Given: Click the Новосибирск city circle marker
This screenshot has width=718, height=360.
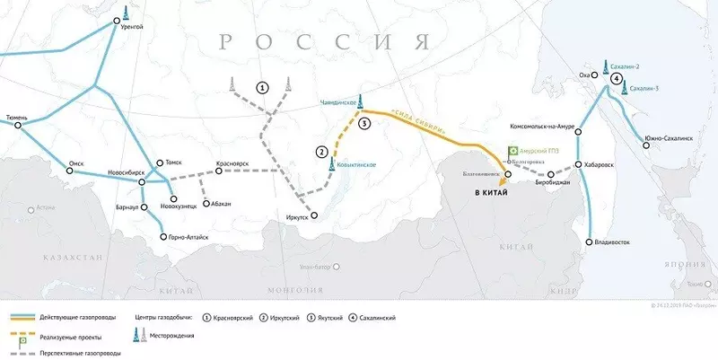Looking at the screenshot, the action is pyautogui.click(x=142, y=182).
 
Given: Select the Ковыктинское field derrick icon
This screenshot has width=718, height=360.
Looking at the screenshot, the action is pyautogui.click(x=333, y=163).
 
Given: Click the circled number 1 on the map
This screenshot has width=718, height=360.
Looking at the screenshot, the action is pyautogui.click(x=262, y=87).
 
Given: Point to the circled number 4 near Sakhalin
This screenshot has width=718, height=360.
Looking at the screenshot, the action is pyautogui.click(x=616, y=79).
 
